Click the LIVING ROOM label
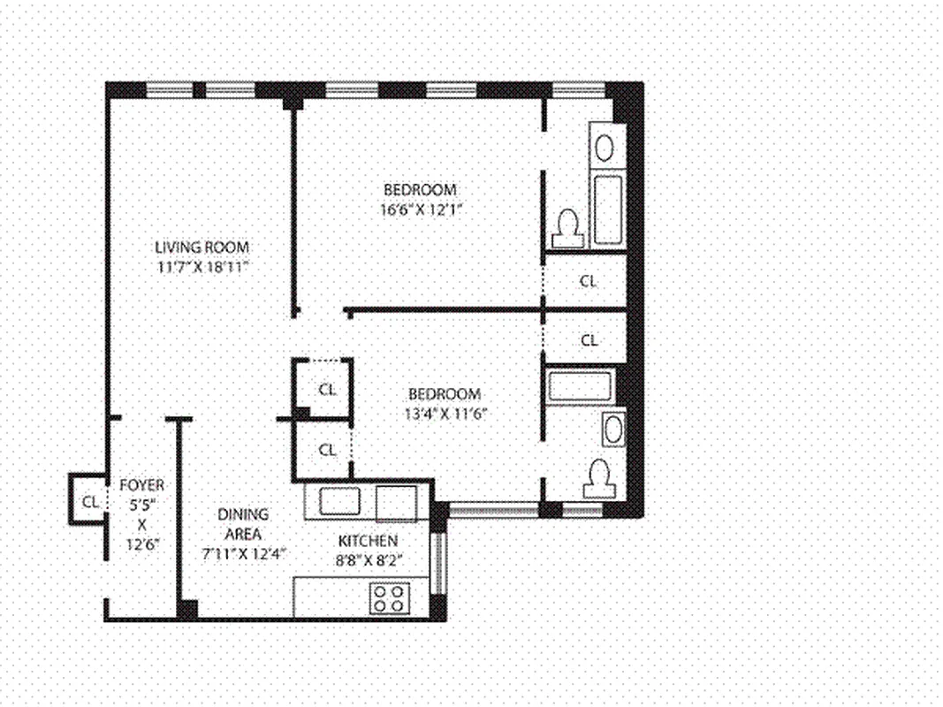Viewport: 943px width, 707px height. pyautogui.click(x=202, y=247)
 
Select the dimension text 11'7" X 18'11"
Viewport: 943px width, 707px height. pyautogui.click(x=202, y=266)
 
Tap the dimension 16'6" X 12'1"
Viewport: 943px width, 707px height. pyautogui.click(x=420, y=209)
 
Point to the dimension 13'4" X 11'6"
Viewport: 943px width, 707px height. pyautogui.click(x=444, y=413)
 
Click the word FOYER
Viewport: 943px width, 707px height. pyautogui.click(x=141, y=485)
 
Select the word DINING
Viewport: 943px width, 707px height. pyautogui.click(x=243, y=514)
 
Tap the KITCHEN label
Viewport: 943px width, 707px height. pyautogui.click(x=368, y=540)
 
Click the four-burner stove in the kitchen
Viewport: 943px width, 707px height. pyautogui.click(x=389, y=598)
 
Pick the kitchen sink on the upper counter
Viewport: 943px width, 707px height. pyautogui.click(x=339, y=501)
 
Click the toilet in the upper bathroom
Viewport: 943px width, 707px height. pyautogui.click(x=567, y=228)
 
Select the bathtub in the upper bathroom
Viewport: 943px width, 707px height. pyautogui.click(x=608, y=210)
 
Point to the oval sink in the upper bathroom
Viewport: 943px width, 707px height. pyautogui.click(x=605, y=147)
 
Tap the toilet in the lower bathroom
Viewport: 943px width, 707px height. pyautogui.click(x=598, y=479)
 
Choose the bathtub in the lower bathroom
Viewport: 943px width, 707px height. pyautogui.click(x=580, y=387)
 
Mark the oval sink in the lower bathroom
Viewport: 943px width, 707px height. pyautogui.click(x=612, y=430)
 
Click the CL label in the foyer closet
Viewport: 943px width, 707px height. pyautogui.click(x=89, y=501)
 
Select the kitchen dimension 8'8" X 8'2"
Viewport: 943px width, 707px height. pyautogui.click(x=368, y=559)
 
